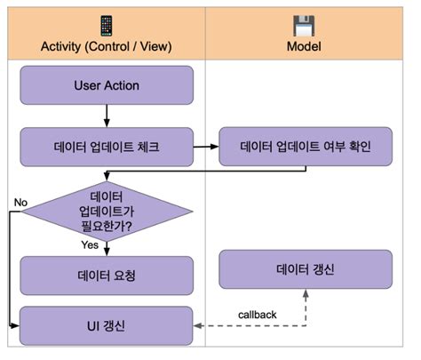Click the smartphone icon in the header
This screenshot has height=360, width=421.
tap(106, 24)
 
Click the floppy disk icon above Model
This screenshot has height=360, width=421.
tap(306, 24)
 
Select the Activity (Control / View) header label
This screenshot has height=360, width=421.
tap(106, 46)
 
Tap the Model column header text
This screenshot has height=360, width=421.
tap(306, 46)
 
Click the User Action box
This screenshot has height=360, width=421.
tap(106, 85)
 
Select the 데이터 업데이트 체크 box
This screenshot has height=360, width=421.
tap(106, 145)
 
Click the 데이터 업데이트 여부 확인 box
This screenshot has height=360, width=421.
tap(306, 145)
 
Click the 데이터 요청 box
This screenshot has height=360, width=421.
tap(106, 275)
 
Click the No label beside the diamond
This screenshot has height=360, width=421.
tap(20, 202)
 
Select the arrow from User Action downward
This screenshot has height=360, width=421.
tap(107, 115)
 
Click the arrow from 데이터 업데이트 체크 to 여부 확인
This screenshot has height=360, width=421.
tap(206, 145)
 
